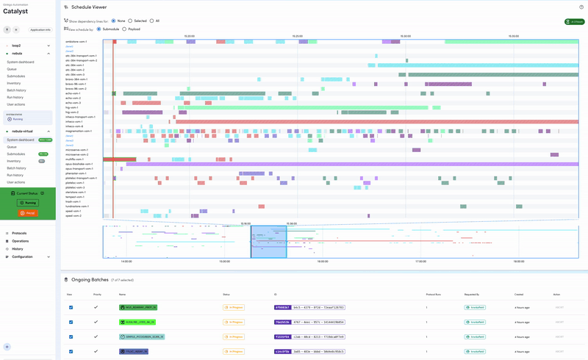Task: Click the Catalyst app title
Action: point(17,11)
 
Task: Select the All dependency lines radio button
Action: point(151,21)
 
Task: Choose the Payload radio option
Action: point(124,29)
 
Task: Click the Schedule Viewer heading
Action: point(89,7)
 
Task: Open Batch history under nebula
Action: point(16,90)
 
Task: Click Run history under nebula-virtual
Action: point(15,175)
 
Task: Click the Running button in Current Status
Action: point(28,202)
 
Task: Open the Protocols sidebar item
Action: point(19,233)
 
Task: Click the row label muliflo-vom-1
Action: point(75,159)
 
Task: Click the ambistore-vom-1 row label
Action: point(76,42)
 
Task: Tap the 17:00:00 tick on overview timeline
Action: point(420,261)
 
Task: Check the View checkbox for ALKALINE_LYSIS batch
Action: point(71,322)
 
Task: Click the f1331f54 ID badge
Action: point(282,336)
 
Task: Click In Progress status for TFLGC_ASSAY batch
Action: point(234,351)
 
